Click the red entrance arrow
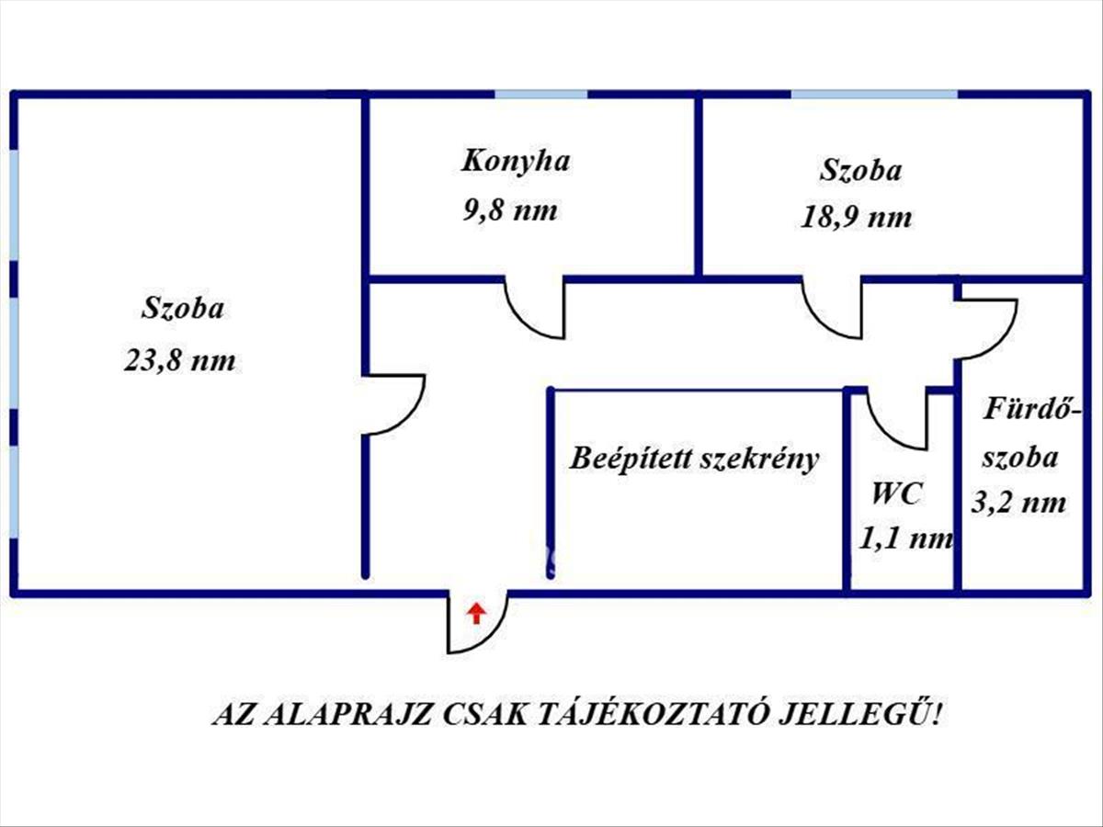coord(476,614)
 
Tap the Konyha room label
coord(516,162)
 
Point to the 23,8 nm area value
coord(179,360)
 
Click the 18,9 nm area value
coord(856,218)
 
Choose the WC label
coord(896,493)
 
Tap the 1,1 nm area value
coord(905,539)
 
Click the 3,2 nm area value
coord(1018,502)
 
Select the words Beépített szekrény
coord(695,459)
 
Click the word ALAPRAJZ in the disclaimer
coord(348,716)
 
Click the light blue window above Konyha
coord(541,95)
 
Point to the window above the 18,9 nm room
coord(874,95)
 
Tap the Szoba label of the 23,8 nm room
coord(182,308)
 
